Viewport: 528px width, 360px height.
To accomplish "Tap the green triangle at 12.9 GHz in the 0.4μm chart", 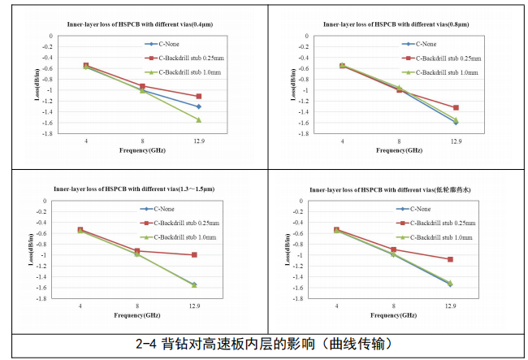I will [x=199, y=120].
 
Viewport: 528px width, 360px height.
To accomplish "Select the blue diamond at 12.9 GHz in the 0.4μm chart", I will [x=199, y=106].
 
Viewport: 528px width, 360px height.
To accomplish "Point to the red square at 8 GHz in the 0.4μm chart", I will [x=143, y=86].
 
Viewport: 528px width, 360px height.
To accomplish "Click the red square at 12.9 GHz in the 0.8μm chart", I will [x=456, y=107].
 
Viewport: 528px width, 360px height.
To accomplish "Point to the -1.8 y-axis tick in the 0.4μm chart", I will [x=46, y=133].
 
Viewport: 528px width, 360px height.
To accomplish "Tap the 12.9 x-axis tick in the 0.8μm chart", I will [x=456, y=141].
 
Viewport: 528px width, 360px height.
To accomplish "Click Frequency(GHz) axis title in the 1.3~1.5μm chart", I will [x=137, y=314].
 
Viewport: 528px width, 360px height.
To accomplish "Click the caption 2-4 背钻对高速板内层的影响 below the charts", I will [x=265, y=344].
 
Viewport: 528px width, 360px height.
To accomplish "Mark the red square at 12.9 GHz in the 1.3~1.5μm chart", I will [x=194, y=255].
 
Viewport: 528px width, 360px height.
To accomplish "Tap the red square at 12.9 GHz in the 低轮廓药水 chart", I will [x=450, y=259].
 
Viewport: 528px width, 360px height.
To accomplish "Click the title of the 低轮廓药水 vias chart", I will [x=393, y=189].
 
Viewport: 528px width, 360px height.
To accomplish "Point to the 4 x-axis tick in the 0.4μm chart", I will [x=86, y=141].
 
